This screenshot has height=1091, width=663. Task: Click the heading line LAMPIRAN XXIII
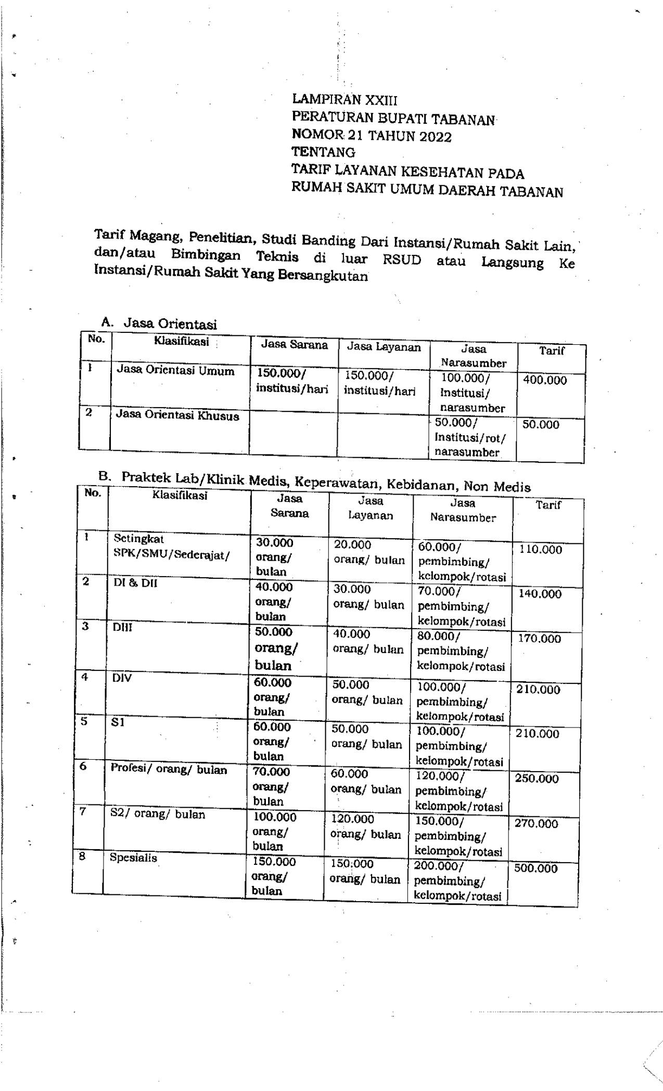[344, 99]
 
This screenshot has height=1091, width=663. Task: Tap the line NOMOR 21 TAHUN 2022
[371, 136]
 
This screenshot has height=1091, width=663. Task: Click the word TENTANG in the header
[323, 152]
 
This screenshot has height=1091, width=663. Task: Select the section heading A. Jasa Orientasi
[159, 323]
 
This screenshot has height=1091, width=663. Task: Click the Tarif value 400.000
[544, 380]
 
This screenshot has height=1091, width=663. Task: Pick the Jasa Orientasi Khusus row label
[177, 415]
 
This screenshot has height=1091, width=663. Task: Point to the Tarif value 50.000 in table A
[540, 424]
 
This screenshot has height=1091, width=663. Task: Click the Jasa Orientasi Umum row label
[175, 371]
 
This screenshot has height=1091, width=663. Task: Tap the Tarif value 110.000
[540, 550]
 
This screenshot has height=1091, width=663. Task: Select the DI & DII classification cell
[135, 583]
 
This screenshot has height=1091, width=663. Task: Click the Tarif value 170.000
[539, 639]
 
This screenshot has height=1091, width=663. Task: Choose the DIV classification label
[122, 678]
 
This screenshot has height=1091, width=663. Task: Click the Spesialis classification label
[133, 858]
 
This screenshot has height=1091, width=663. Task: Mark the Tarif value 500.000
[535, 868]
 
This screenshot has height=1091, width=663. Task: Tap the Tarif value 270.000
[536, 824]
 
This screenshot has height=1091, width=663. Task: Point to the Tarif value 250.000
[537, 778]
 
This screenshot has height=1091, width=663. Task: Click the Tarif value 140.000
[540, 594]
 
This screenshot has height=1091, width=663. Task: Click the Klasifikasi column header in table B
[180, 495]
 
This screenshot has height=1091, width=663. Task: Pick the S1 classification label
[118, 722]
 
